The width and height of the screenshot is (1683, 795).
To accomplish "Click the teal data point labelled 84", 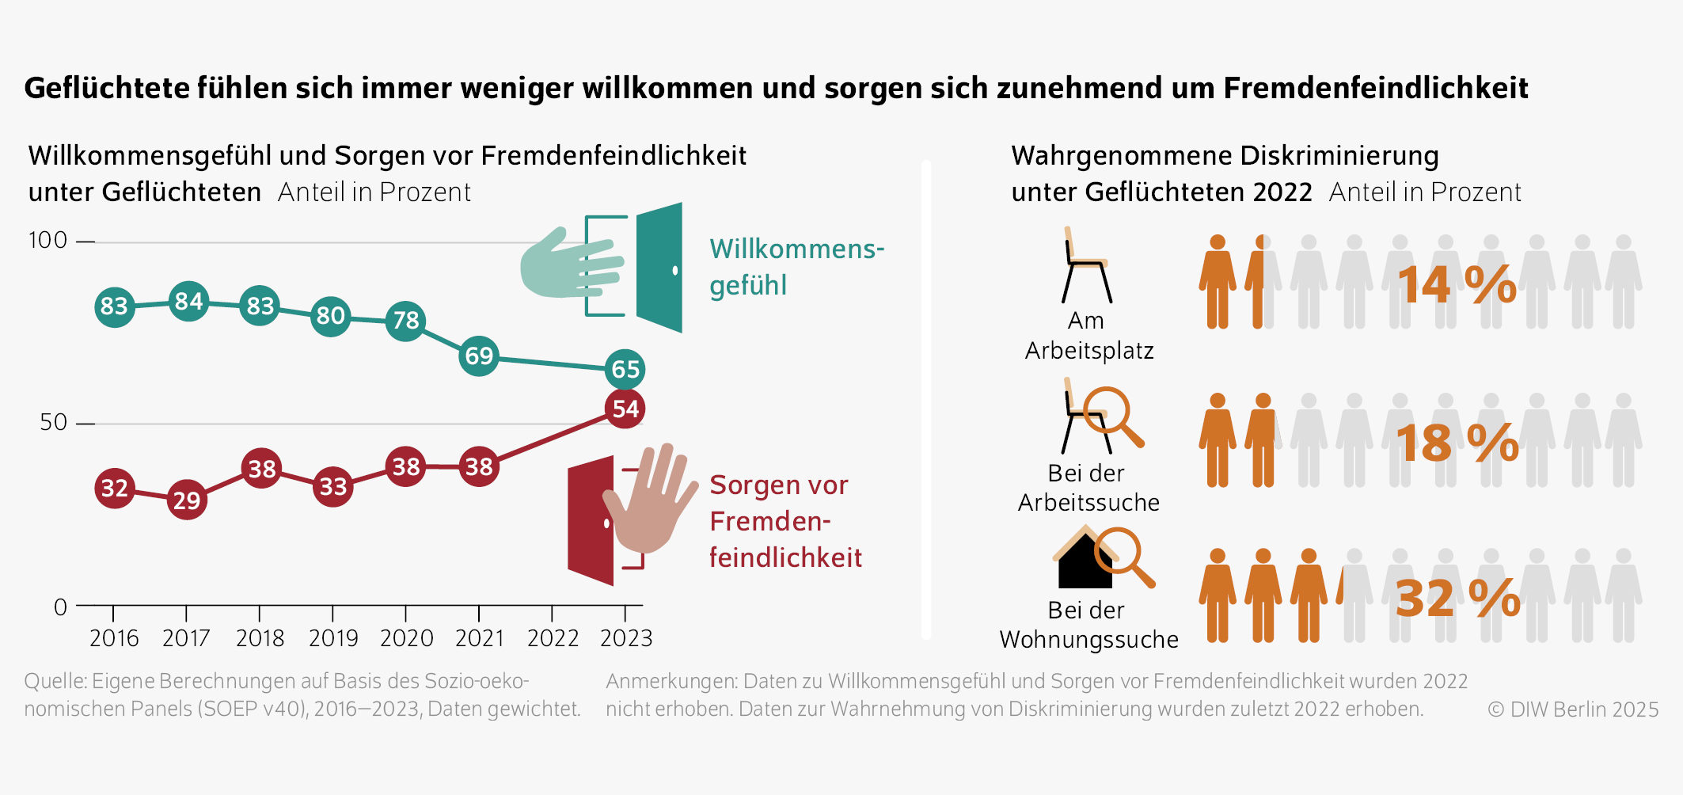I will (x=188, y=301).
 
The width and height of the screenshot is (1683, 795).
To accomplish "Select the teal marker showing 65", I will (x=625, y=369).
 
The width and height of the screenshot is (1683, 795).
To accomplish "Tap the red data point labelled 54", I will (x=625, y=409).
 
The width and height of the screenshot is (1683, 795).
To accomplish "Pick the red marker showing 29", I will (x=187, y=500).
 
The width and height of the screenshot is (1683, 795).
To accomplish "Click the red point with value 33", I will (x=332, y=486).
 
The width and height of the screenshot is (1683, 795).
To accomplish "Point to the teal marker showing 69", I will (x=479, y=356).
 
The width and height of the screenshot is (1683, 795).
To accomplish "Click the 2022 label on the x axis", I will (x=553, y=638).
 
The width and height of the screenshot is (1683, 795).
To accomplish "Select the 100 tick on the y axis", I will (x=47, y=240).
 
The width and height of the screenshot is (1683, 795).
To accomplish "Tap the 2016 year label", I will (x=113, y=638).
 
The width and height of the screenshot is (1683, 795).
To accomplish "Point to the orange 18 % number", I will (x=1457, y=443).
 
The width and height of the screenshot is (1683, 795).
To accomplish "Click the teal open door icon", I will (x=659, y=268).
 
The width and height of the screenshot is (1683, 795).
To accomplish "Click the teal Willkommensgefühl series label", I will (x=796, y=267).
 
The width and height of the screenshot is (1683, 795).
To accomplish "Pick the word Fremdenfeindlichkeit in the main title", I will (x=1375, y=88).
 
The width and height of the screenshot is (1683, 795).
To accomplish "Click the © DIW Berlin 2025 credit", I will (x=1572, y=709).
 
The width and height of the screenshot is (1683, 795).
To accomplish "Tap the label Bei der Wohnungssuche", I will (x=1088, y=625).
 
